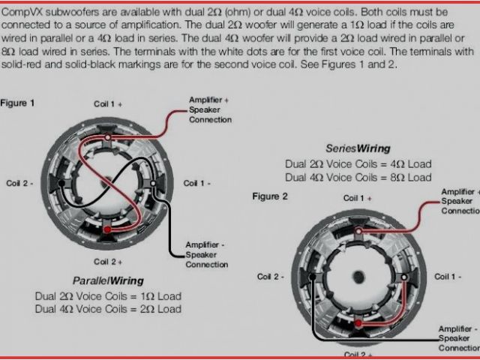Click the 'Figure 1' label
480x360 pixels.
click(17, 103)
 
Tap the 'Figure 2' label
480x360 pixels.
click(270, 196)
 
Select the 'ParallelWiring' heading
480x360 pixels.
click(108, 280)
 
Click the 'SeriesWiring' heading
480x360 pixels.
click(358, 148)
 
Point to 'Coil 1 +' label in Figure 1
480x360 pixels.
click(108, 104)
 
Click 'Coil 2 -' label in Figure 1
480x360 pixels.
click(20, 183)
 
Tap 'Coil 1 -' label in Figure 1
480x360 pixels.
click(196, 183)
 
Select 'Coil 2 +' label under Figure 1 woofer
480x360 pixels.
click(108, 262)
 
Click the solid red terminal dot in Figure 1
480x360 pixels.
click(107, 229)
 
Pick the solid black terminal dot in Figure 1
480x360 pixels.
click(61, 183)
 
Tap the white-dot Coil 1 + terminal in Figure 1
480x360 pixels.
click(107, 137)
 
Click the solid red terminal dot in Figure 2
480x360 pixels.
click(358, 323)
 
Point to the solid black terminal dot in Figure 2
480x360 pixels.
click(312, 277)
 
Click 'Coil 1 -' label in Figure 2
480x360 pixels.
click(448, 277)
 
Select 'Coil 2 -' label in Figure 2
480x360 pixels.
click(271, 277)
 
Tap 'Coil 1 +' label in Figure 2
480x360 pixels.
click(358, 198)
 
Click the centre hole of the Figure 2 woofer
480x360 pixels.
click(358, 277)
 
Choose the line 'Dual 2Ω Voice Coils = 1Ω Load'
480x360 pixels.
click(108, 296)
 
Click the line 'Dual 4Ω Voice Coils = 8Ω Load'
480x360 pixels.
click(358, 177)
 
